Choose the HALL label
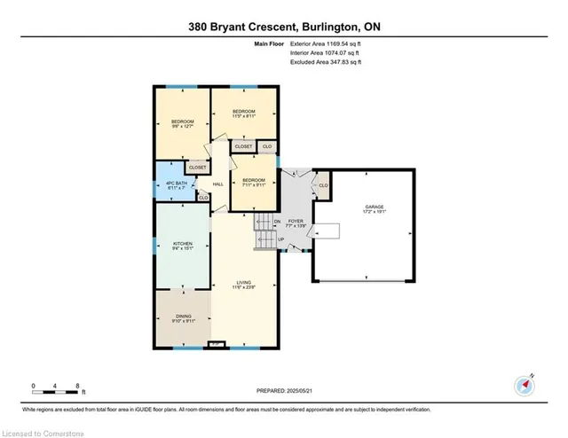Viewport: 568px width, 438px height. pyautogui.click(x=217, y=184)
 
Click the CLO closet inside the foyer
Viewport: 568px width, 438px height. pyautogui.click(x=323, y=185)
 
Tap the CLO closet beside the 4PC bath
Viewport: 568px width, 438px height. pyautogui.click(x=203, y=198)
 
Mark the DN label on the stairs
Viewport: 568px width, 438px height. pyautogui.click(x=277, y=222)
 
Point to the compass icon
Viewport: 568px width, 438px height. pyautogui.click(x=524, y=386)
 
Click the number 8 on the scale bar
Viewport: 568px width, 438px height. pyautogui.click(x=78, y=387)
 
